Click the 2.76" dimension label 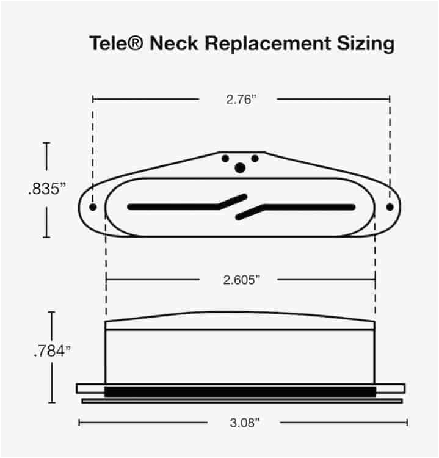[238, 99]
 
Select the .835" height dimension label [46, 189]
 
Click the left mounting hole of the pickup [93, 207]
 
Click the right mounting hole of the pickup [390, 207]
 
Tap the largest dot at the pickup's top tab [241, 167]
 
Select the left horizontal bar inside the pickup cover [174, 206]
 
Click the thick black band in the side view [240, 391]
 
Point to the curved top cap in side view [240, 321]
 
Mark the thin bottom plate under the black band [242, 401]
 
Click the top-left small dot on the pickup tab [225, 159]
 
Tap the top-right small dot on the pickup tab [255, 159]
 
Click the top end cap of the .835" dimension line [46, 143]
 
